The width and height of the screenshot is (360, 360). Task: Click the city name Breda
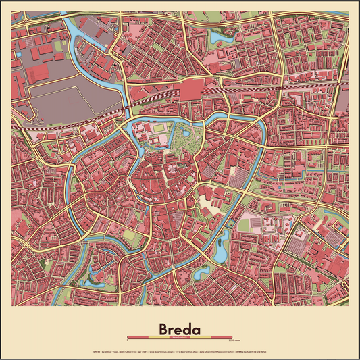pyautogui.click(x=180, y=329)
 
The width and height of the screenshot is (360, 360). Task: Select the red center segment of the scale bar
pyautogui.click(x=180, y=336)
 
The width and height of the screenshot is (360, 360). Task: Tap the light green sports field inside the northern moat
pyautogui.click(x=159, y=128)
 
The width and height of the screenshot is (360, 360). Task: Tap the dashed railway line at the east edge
pyautogui.click(x=341, y=87)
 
